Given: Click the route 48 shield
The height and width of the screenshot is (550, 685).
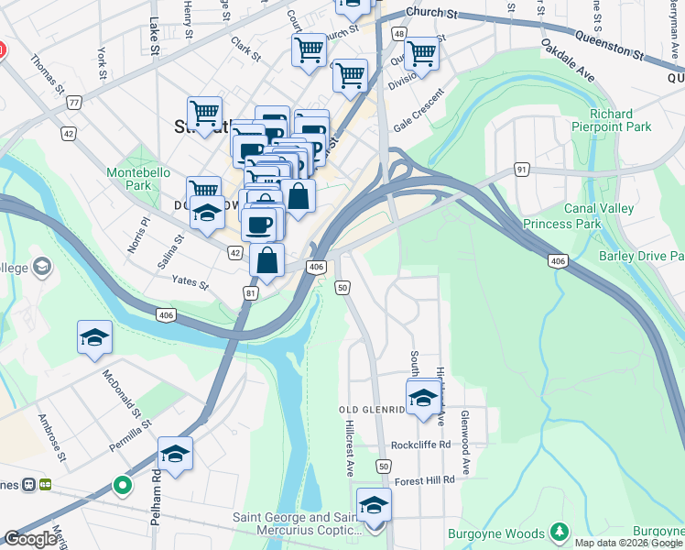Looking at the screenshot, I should [399, 34].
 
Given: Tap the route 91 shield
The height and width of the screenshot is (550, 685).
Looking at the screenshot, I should [521, 170].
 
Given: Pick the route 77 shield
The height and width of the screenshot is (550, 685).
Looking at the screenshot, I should [73, 103].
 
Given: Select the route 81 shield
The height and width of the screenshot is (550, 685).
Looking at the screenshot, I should [251, 292].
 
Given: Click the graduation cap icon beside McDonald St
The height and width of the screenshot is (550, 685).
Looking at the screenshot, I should [94, 338].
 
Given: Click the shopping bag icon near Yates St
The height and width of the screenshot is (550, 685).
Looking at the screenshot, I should [266, 261].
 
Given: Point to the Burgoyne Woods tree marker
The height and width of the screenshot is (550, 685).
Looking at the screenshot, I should [559, 533].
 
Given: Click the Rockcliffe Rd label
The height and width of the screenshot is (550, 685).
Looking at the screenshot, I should [420, 445].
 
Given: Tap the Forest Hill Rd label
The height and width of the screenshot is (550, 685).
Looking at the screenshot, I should [424, 481].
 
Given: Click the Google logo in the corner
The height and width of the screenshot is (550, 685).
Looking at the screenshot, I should [30, 539].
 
